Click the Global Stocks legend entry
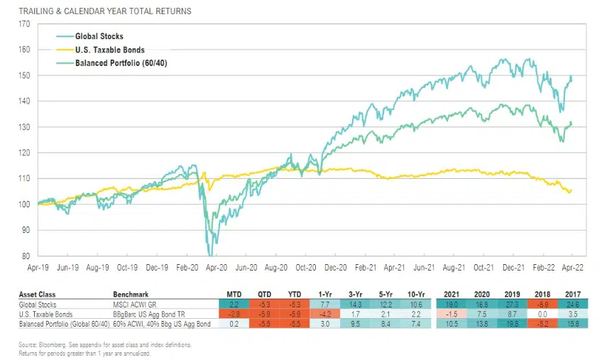[x=99, y=36]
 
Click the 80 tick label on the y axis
[x=27, y=256]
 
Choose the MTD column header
[x=233, y=293]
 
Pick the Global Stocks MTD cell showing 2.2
[x=232, y=304]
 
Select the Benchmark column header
[x=131, y=293]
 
